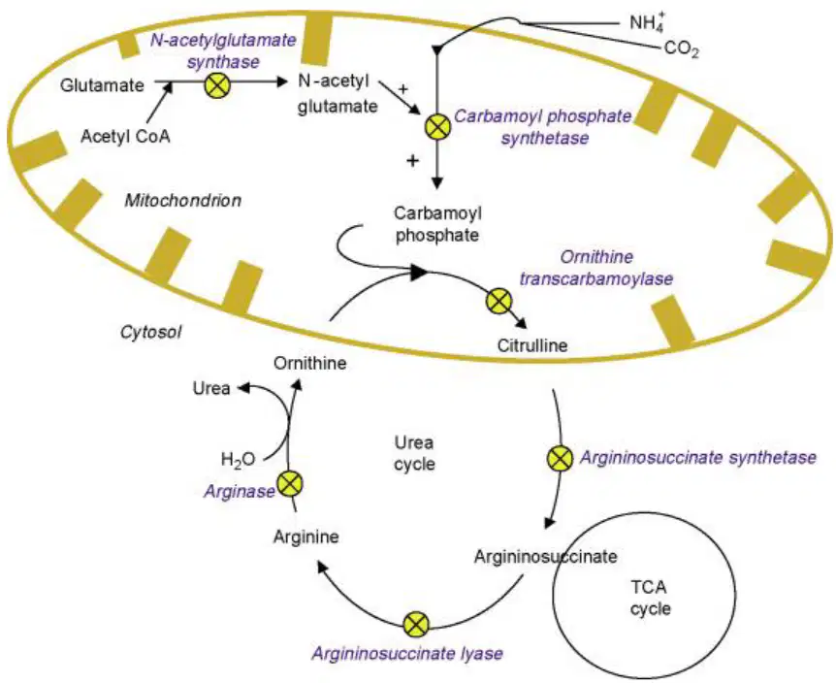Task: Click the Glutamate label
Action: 102,85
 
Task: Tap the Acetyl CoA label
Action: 125,137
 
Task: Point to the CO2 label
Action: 682,49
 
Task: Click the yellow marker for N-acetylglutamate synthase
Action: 217,85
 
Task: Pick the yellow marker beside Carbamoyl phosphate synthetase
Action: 437,127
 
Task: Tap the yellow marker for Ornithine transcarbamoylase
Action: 499,301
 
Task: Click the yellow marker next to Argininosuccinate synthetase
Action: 561,459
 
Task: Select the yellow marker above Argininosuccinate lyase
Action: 416,625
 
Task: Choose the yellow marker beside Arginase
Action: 290,483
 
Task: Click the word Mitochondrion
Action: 183,201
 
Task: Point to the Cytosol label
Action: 151,332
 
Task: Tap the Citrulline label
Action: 532,345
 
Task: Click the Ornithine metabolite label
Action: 309,363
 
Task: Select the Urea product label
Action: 211,388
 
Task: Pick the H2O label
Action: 238,460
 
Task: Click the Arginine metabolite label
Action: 306,537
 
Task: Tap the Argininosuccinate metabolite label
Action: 546,557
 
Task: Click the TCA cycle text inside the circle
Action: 650,599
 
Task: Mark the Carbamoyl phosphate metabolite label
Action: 437,224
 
